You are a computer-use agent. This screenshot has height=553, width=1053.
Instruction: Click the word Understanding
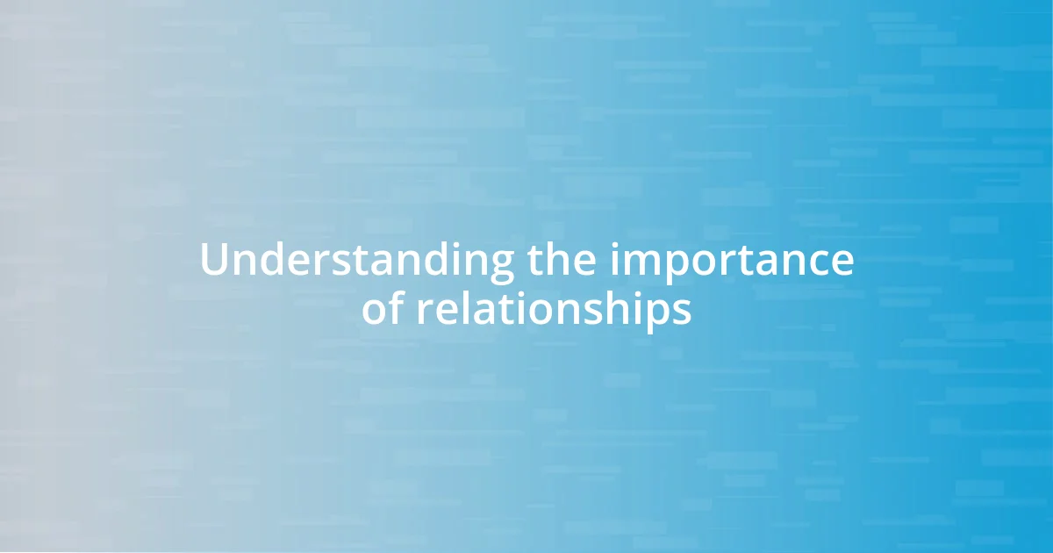coord(357,261)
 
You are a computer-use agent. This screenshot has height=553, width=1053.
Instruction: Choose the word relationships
coord(553,310)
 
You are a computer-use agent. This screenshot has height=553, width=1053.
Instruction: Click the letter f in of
coord(397,307)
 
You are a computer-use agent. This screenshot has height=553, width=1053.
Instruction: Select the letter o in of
coord(376,311)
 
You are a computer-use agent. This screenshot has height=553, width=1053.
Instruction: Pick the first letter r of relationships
coord(424,312)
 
